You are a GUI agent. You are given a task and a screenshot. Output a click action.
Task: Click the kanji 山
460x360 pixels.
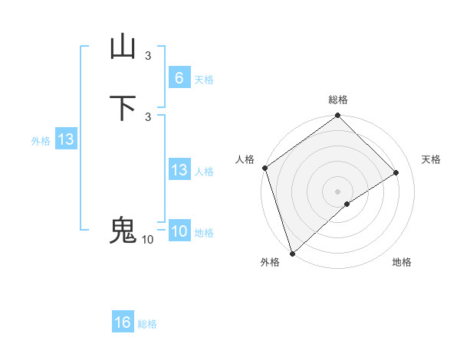pyautogui.click(x=123, y=47)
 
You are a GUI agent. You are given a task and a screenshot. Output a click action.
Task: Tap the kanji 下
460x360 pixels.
pyautogui.click(x=123, y=108)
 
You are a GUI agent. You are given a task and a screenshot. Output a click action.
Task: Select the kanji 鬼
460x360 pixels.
pyautogui.click(x=123, y=231)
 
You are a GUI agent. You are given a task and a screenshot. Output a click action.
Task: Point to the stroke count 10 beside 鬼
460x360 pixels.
pyautogui.click(x=147, y=240)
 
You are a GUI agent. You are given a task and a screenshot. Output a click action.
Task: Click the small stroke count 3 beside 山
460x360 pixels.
pyautogui.click(x=148, y=55)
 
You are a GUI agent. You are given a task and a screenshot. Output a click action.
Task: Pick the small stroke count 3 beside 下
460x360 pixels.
pyautogui.click(x=148, y=116)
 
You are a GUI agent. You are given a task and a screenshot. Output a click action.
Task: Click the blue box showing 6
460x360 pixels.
pyautogui.click(x=179, y=77)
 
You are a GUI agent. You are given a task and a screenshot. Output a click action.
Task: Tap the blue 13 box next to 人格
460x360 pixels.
pyautogui.click(x=179, y=170)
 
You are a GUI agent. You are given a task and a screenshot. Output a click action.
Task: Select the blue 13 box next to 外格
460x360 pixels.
pyautogui.click(x=66, y=140)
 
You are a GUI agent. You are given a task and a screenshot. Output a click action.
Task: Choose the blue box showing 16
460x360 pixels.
pyautogui.click(x=123, y=322)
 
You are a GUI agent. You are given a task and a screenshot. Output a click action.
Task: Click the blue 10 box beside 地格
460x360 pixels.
pyautogui.click(x=179, y=231)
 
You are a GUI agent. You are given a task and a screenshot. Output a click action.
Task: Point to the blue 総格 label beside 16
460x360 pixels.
pyautogui.click(x=147, y=324)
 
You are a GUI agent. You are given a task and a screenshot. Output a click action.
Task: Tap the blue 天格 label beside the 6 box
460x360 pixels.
pyautogui.click(x=204, y=80)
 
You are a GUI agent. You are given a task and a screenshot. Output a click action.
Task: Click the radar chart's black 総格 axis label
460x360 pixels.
pyautogui.click(x=338, y=100)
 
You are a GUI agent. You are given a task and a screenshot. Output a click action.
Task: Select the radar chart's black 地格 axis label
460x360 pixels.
pyautogui.click(x=402, y=263)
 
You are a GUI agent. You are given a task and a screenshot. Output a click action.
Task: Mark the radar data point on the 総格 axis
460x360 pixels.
pyautogui.click(x=338, y=116)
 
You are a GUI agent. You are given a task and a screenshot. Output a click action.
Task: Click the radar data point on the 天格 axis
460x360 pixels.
pyautogui.click(x=396, y=172)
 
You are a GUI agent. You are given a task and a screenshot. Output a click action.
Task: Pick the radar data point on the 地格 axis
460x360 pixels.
pyautogui.click(x=347, y=204)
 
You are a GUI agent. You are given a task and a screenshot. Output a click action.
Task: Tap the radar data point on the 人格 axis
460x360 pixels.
pyautogui.click(x=264, y=168)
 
